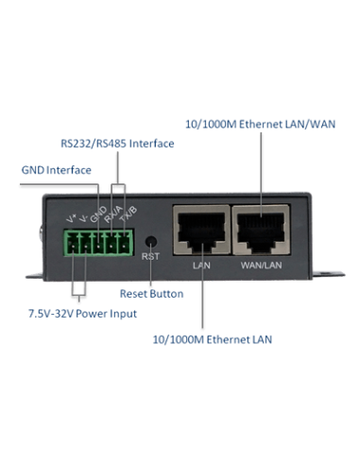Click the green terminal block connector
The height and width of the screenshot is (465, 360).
click(97, 244)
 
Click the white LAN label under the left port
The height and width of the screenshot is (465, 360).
click(200, 266)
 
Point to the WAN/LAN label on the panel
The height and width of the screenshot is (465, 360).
click(263, 266)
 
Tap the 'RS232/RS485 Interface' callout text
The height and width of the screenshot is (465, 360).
click(117, 144)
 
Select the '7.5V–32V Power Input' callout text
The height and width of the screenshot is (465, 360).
click(82, 313)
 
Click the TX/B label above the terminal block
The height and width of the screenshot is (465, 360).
click(129, 213)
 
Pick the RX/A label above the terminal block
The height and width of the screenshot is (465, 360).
click(114, 213)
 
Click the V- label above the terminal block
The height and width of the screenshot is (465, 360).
click(83, 219)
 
